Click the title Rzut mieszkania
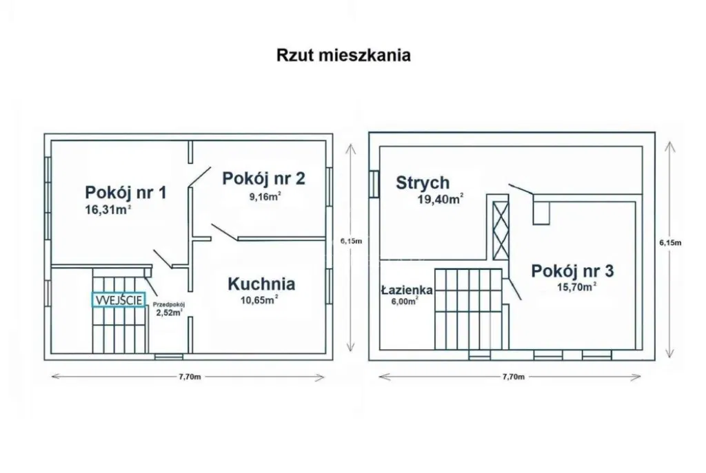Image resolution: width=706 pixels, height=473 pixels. point(343,55)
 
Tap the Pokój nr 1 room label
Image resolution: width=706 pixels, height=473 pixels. point(125,192)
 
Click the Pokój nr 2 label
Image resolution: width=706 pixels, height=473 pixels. point(263,178)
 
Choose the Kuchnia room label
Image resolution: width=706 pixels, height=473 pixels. point(262,283)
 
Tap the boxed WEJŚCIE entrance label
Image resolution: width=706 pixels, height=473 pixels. point(119,299)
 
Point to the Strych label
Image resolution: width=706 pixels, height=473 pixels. point(423,182)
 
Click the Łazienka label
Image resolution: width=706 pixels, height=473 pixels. point(407,291)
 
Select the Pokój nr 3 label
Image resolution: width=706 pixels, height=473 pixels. point(573,271)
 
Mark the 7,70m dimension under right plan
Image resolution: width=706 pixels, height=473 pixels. point(513,377)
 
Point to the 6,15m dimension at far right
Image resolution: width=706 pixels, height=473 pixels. point(670,242)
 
